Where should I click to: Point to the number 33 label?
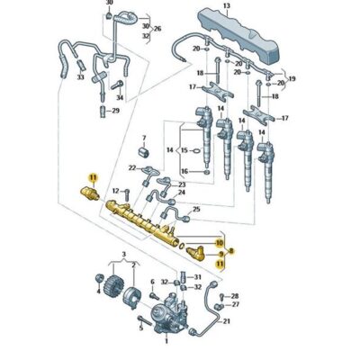81,78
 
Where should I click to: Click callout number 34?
121,96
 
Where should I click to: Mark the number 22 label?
131,168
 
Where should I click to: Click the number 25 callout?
221,209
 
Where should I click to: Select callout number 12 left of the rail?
115,192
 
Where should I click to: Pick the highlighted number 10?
220,243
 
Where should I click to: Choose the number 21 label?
227,319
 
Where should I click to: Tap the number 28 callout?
234,296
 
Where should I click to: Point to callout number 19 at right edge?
292,80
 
